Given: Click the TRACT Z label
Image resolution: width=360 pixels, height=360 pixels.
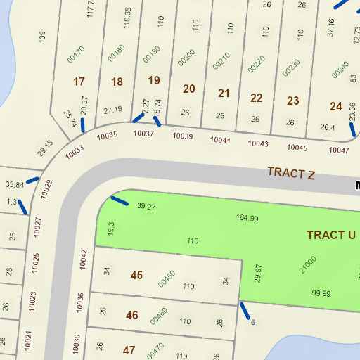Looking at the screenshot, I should (290, 173).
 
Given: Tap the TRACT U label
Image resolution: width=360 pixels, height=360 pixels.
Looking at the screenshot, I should (331, 235).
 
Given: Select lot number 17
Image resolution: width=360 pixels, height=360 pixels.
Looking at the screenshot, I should (79, 82).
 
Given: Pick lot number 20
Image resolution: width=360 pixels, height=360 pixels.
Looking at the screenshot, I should (188, 89).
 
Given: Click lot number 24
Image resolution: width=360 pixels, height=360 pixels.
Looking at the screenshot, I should (336, 106).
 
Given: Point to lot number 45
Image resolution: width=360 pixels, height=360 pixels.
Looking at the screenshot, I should (136, 275).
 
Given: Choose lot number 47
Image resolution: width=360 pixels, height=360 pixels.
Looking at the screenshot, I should (129, 349).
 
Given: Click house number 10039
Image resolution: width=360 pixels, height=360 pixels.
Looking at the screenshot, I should (182, 136).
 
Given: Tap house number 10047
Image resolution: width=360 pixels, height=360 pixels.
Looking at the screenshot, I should (338, 150).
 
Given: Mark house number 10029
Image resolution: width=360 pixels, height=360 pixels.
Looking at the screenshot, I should (47, 191).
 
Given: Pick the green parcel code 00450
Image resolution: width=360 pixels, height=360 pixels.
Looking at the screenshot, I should (166, 279).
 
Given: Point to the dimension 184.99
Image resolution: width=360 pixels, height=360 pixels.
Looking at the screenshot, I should (247, 219).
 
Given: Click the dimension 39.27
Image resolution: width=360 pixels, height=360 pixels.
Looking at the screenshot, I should (146, 207).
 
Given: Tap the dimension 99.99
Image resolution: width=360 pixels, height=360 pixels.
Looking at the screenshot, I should (321, 293).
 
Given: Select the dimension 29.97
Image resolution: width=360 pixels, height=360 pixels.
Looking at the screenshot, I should (258, 274).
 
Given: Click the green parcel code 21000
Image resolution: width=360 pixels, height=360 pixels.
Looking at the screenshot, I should (308, 264).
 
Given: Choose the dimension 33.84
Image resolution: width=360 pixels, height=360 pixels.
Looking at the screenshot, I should (14, 184).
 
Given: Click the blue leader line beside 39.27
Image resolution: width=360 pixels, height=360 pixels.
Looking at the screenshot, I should (120, 202).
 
